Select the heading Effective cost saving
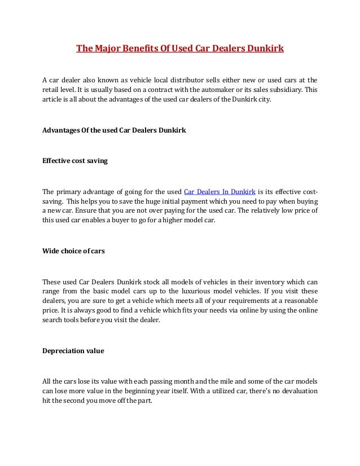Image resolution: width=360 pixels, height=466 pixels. [x=75, y=160]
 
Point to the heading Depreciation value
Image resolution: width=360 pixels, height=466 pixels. [x=73, y=350]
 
